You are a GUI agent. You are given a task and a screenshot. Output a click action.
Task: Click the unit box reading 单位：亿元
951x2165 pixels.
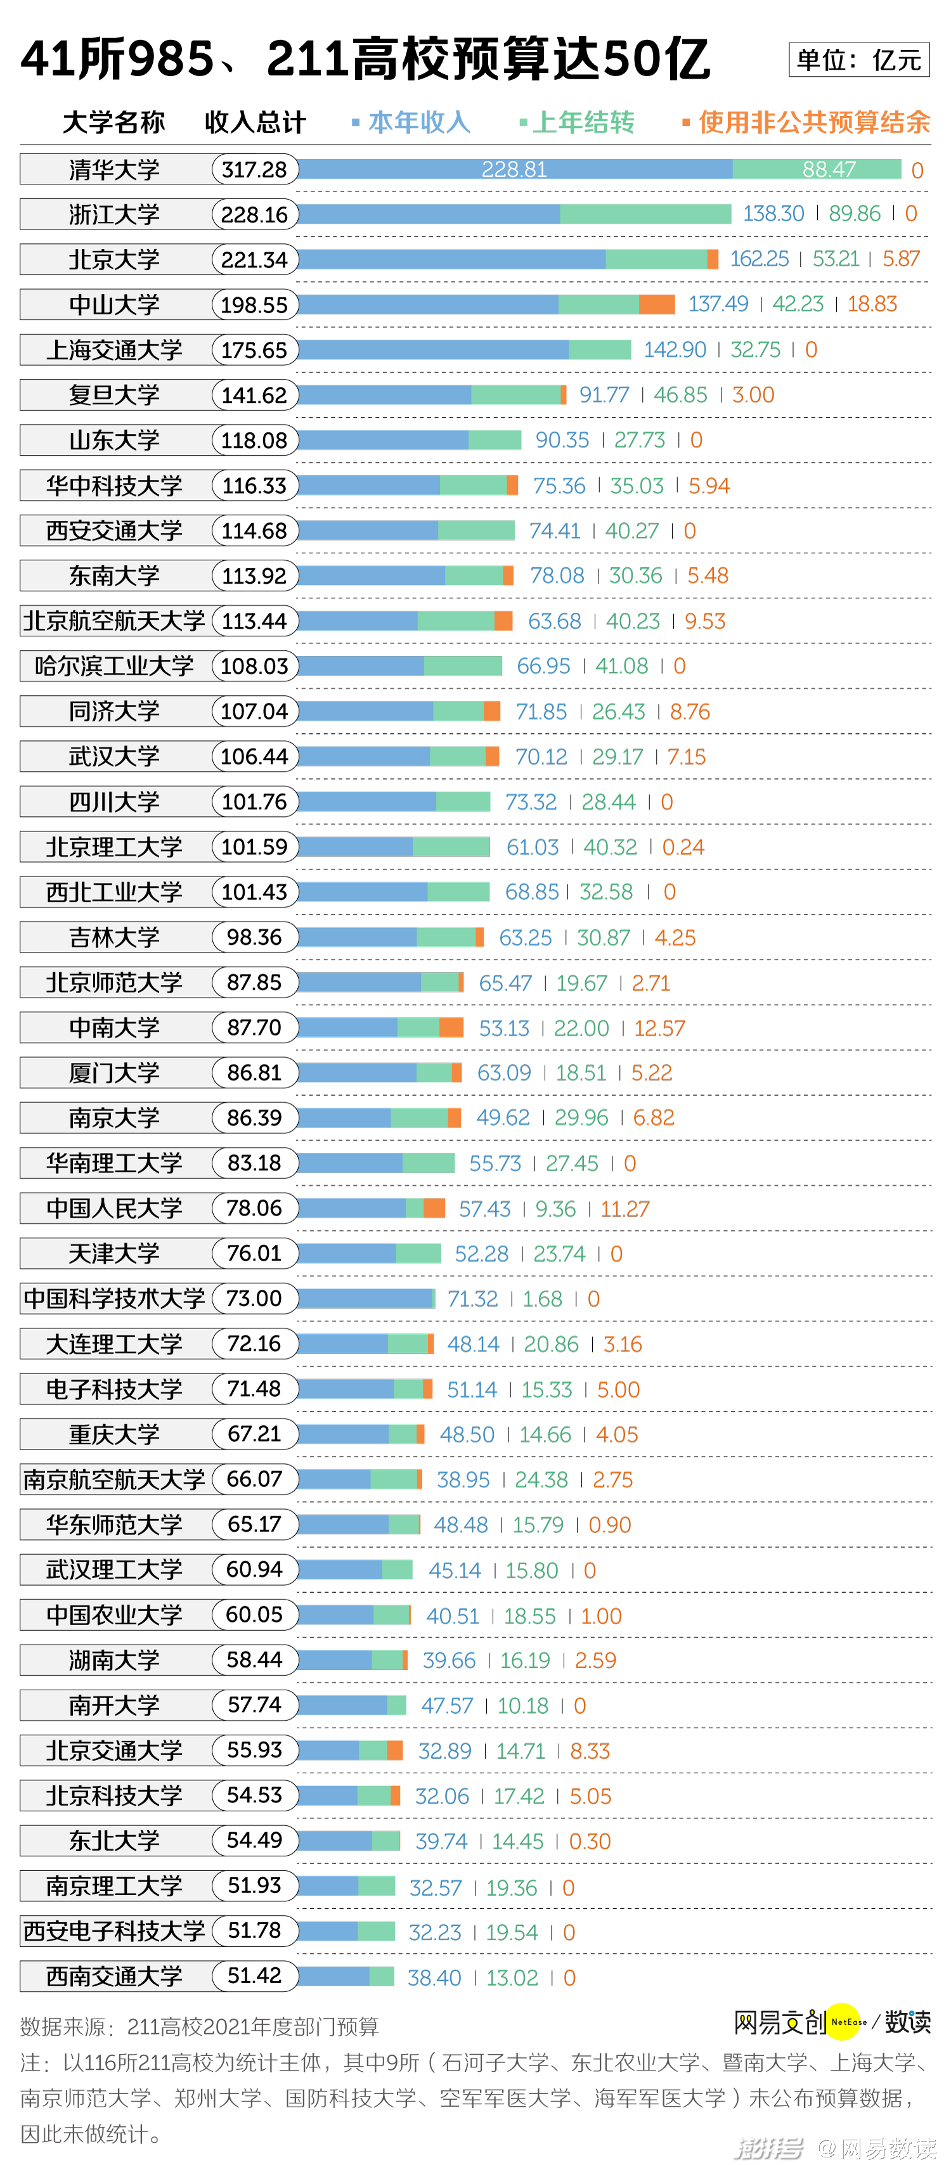858,60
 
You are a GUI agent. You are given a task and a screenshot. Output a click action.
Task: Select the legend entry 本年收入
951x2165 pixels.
418,123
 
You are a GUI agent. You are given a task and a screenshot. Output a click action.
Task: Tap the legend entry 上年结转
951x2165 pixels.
583,123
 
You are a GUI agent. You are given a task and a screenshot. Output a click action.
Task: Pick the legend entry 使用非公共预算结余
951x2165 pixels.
813,123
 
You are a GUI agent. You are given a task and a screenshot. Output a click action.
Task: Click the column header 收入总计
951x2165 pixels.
255,123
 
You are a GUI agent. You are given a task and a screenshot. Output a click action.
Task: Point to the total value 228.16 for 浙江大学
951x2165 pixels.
254,215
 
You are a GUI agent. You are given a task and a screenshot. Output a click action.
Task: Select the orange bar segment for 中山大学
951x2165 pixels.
657,304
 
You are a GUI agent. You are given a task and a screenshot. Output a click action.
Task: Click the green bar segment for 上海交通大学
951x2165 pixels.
600,350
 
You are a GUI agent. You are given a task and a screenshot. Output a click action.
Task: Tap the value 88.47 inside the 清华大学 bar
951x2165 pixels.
828,170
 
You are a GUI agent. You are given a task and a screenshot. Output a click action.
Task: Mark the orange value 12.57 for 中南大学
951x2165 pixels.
659,1028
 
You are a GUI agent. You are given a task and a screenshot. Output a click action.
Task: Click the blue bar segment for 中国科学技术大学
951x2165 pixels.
365,1299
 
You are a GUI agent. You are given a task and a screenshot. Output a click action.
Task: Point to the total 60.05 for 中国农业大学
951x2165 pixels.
254,1614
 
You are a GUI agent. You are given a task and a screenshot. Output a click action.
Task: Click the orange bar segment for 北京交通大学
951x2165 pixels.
394,1751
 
